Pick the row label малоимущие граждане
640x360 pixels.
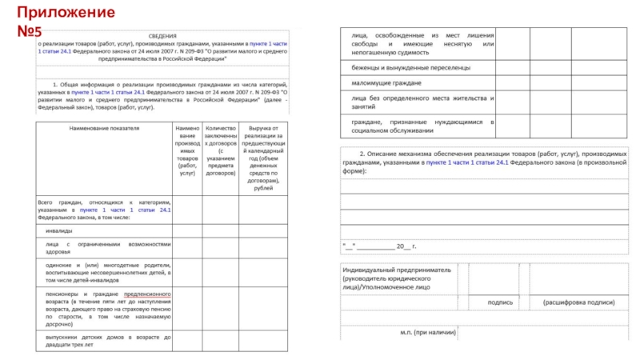click(x=386, y=83)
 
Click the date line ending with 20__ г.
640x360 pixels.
click(x=379, y=245)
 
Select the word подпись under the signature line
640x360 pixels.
click(x=500, y=302)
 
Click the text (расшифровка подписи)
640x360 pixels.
click(x=578, y=302)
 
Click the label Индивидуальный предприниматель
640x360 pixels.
click(x=397, y=270)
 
